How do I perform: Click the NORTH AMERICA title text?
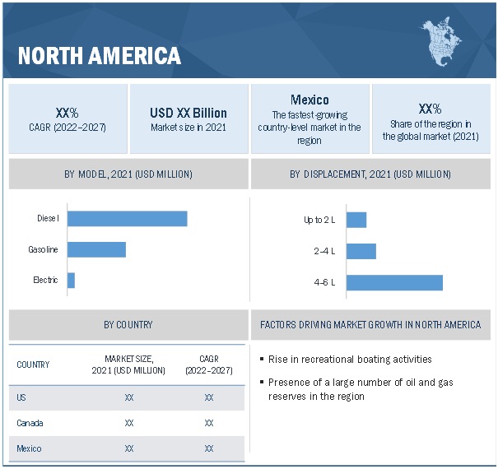click(99, 56)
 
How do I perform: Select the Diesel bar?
click(128, 218)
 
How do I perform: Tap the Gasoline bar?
click(96, 249)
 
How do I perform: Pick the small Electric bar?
click(71, 280)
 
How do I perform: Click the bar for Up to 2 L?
click(356, 220)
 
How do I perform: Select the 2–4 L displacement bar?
click(361, 251)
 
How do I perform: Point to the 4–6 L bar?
click(394, 282)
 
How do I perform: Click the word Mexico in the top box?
click(310, 100)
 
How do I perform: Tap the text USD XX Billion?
click(188, 113)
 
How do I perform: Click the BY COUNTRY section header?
click(128, 324)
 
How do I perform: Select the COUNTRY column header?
click(33, 365)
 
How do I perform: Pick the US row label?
click(21, 397)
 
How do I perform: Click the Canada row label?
click(30, 423)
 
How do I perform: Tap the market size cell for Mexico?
click(129, 448)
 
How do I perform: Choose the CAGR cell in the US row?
click(209, 397)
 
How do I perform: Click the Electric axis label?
click(45, 280)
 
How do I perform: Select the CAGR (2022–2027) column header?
click(209, 365)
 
